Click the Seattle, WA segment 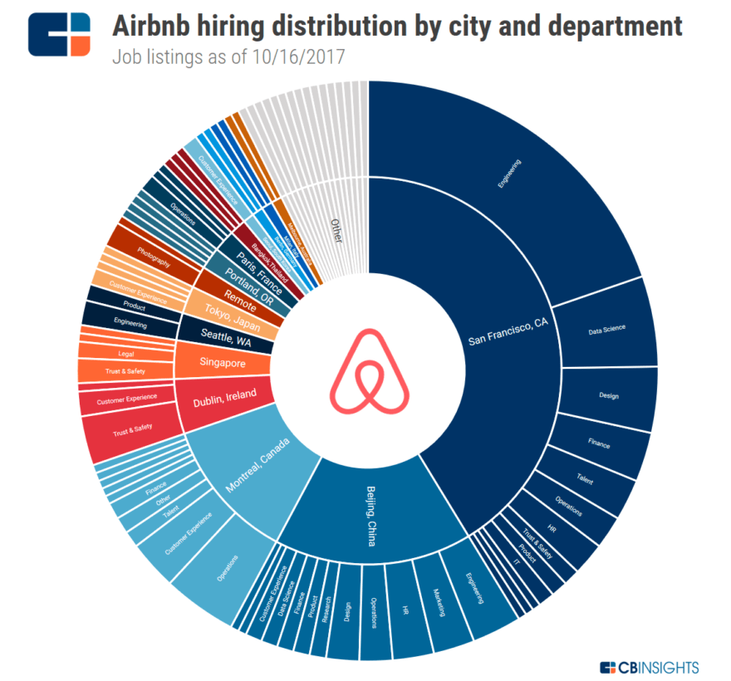[x=226, y=335]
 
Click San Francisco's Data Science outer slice [x=606, y=329]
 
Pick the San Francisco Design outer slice [x=608, y=396]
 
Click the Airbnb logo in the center [x=369, y=370]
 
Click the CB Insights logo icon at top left [x=58, y=33]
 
